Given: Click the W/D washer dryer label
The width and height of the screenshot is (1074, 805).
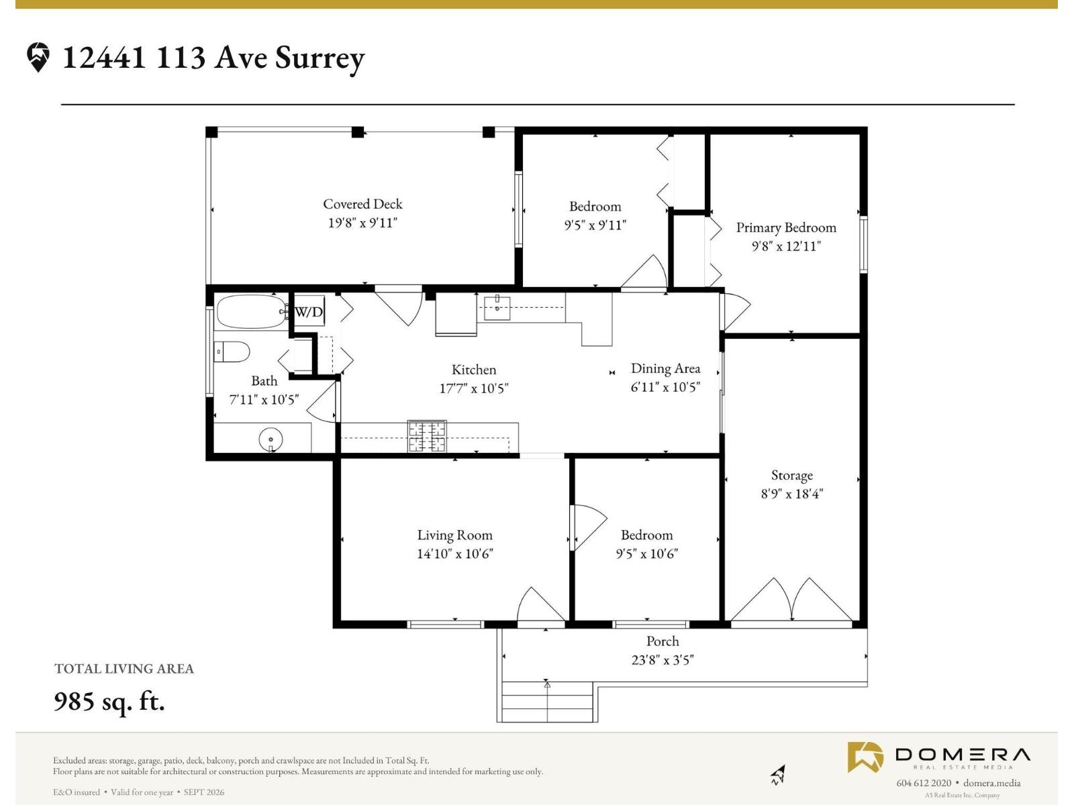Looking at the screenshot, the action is (309, 311).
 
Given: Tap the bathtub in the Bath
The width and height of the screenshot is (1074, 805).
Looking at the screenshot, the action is (252, 311).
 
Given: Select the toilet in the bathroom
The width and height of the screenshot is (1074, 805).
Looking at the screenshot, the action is (232, 352).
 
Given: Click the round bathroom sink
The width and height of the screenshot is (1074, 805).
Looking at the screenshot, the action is (271, 439).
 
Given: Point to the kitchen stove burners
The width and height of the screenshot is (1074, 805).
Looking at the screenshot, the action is (427, 437).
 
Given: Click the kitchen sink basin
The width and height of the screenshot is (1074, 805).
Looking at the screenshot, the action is (497, 308).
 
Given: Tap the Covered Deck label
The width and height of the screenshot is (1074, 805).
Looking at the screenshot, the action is (362, 204).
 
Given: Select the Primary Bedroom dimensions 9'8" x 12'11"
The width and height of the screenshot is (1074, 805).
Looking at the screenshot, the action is (786, 246).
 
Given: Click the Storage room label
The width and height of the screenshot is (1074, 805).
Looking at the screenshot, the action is (792, 475).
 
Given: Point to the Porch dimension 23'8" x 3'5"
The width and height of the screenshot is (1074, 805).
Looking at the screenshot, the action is (663, 660).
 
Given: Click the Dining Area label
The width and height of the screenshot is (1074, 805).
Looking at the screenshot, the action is (665, 368).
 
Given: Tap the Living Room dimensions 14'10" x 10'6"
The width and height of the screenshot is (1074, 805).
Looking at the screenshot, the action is (454, 553).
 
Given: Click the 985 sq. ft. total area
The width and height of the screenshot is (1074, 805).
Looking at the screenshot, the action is (109, 702).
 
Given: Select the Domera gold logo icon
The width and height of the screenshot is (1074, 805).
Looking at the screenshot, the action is (865, 757).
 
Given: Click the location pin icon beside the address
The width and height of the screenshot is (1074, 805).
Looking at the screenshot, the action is (38, 57).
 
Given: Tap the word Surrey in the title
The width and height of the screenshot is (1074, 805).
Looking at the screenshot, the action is (320, 58).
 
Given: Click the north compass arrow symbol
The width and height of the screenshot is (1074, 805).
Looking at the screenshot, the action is (778, 774).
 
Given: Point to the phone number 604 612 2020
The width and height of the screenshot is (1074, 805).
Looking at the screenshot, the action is (924, 782).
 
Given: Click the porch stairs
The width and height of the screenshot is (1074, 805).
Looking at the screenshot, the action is (546, 702).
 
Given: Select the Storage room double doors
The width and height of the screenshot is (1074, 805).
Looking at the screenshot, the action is (791, 600).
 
